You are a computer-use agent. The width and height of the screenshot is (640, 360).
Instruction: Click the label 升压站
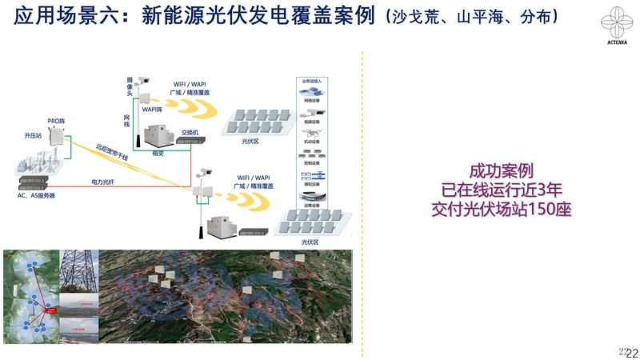point(33,137)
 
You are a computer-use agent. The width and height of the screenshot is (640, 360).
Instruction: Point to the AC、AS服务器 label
point(37,196)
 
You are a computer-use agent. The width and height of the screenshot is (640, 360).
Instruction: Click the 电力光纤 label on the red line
point(102,182)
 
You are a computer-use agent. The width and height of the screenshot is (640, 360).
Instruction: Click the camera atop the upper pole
point(144,80)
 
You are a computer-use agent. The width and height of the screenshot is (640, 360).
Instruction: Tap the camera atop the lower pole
point(205,172)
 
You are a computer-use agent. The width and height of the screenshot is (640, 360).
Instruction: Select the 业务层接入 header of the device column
point(312,82)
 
